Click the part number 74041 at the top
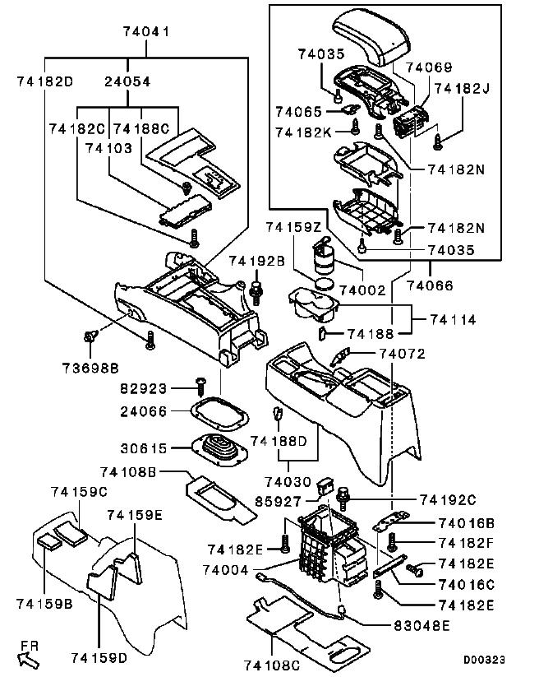[x=146, y=31]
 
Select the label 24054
[x=127, y=81]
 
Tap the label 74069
[x=429, y=67]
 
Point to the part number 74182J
[x=463, y=89]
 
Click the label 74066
[x=430, y=285]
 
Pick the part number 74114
[x=453, y=320]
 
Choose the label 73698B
[x=90, y=369]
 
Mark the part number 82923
[x=143, y=388]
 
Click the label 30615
[x=144, y=448]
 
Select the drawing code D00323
[x=484, y=660]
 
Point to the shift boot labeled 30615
[x=219, y=450]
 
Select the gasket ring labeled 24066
[x=219, y=414]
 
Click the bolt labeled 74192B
[x=256, y=292]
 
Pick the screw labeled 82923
[x=200, y=387]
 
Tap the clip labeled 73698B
[x=90, y=336]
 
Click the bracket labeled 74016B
[x=390, y=522]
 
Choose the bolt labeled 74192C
[x=343, y=498]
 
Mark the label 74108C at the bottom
[x=272, y=665]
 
